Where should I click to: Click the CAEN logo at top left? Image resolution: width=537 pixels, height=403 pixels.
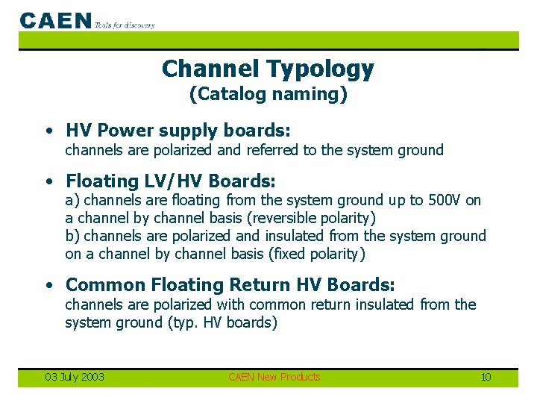[56, 21]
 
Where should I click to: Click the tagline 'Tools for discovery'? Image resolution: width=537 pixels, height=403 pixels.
[125, 25]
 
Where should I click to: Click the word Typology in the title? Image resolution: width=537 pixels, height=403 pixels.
[320, 69]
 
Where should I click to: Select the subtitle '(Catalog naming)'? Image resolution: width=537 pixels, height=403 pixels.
[268, 94]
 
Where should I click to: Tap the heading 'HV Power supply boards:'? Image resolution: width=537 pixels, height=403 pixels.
[178, 131]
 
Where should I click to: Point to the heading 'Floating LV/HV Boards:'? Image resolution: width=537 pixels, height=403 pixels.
[171, 181]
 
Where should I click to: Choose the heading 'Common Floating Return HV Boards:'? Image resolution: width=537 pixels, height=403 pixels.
[230, 284]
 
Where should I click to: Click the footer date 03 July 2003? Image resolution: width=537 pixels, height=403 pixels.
[74, 377]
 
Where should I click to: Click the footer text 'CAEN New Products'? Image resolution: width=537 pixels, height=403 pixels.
[274, 377]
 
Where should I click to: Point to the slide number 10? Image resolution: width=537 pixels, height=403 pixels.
[486, 377]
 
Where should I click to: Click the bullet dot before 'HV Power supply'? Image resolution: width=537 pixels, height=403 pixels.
[48, 131]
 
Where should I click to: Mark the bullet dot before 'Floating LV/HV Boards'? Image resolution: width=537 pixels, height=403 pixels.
[48, 181]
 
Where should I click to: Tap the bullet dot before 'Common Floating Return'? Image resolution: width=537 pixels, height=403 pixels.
[48, 285]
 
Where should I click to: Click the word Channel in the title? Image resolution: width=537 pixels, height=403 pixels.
[210, 69]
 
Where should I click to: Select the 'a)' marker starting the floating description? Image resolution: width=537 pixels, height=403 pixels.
[72, 200]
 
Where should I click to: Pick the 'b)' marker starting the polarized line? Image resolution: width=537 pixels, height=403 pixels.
[72, 236]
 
